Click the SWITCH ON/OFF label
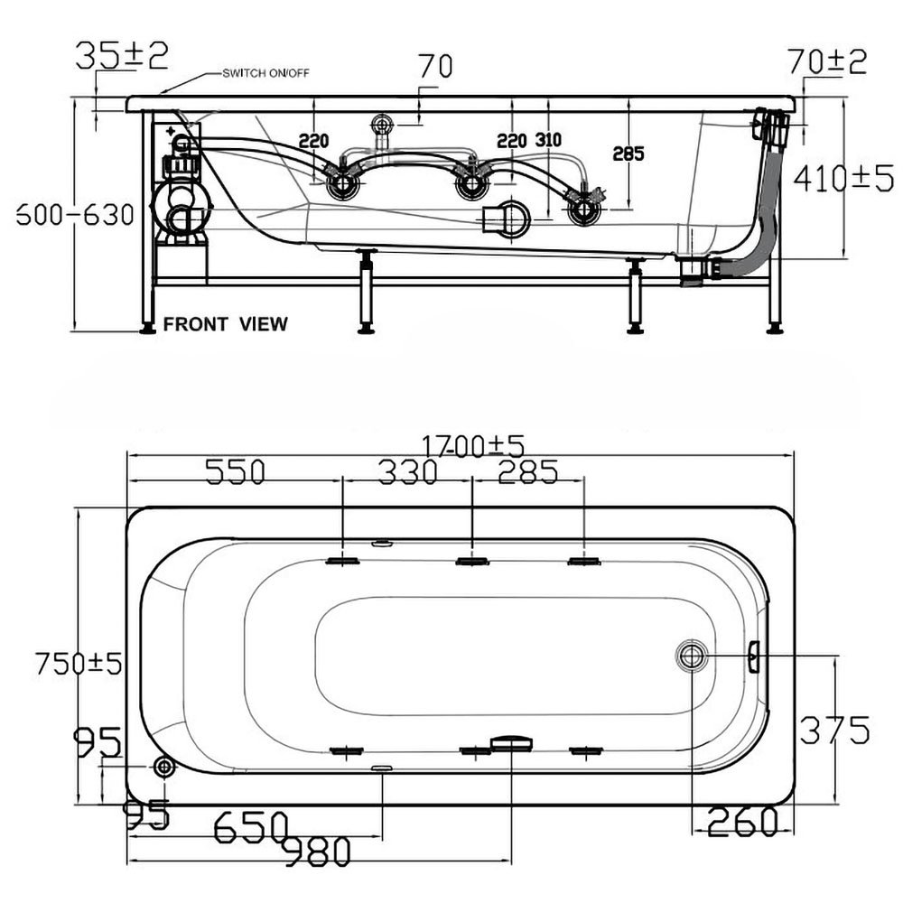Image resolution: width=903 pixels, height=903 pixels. click(x=266, y=73)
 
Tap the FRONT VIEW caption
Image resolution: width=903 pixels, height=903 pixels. click(x=225, y=323)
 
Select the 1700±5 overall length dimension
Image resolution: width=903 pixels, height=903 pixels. click(x=473, y=446)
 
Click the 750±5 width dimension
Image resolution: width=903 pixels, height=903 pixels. click(x=79, y=663)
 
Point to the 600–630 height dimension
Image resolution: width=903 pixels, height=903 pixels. click(x=75, y=215)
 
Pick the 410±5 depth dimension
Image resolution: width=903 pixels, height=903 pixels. click(x=843, y=178)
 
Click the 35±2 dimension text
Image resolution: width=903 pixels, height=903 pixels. click(x=122, y=55)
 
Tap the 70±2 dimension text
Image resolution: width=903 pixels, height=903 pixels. click(x=826, y=61)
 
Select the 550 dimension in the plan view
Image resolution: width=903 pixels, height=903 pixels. click(x=236, y=471)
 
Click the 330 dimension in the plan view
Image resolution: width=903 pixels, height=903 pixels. click(x=408, y=471)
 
